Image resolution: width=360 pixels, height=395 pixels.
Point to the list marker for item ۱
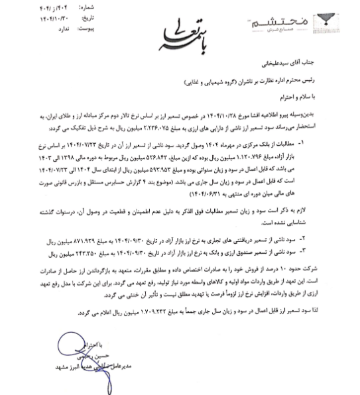[x=337, y=142]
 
